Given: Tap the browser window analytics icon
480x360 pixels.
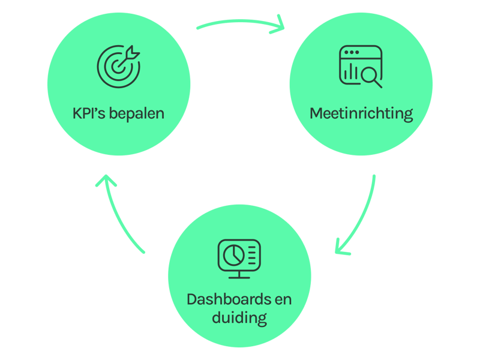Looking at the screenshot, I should click(361, 66).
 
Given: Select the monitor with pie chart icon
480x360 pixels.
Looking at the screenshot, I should click(239, 259).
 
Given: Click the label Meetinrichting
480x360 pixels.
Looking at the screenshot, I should click(361, 113).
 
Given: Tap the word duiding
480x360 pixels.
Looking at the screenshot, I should click(239, 317).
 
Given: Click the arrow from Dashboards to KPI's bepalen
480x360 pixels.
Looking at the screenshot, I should click(120, 216).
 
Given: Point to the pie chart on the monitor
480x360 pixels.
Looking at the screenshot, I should click(232, 254).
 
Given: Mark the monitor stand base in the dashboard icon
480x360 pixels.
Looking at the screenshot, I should click(239, 277).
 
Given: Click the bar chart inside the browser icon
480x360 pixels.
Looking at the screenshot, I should click(351, 73).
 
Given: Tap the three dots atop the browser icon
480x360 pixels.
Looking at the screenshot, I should click(349, 53).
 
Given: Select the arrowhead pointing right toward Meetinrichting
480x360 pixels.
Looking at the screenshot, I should click(281, 26).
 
